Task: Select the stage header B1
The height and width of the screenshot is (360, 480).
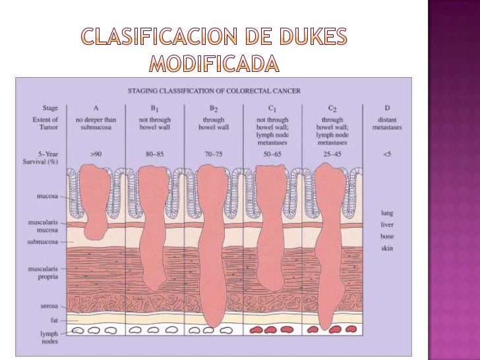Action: point(156,107)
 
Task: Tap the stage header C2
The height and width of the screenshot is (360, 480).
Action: point(333,107)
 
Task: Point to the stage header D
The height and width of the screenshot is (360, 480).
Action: point(387,107)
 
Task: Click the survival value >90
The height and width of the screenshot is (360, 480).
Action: point(96,153)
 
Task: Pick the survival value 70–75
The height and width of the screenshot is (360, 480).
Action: point(213,153)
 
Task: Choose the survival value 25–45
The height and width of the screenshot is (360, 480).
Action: point(332,153)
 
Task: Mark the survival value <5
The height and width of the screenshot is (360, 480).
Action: point(387,153)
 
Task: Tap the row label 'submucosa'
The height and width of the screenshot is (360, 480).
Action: point(42,242)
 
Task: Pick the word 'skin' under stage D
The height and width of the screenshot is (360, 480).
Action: point(387,248)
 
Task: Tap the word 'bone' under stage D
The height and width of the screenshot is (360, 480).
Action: point(387,236)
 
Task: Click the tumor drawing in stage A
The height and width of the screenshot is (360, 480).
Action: point(97,198)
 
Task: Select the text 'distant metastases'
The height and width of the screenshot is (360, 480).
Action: point(387,123)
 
